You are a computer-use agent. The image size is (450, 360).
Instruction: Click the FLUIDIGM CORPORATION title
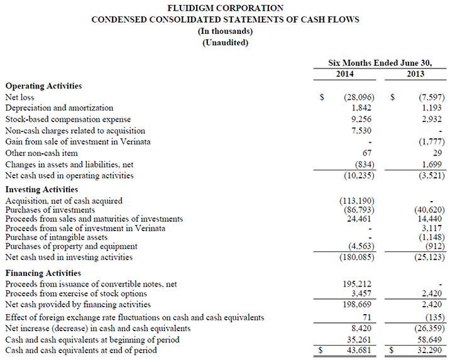click(x=226, y=8)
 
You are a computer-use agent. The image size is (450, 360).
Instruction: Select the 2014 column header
click(x=344, y=74)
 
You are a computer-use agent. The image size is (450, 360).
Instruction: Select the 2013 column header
click(x=415, y=74)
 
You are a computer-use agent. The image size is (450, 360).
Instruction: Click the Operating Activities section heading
click(x=43, y=86)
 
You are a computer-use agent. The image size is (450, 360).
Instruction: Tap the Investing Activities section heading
click(x=41, y=189)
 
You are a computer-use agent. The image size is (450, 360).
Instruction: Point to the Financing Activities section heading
click(x=43, y=273)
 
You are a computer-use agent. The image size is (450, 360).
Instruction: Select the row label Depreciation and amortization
click(x=59, y=108)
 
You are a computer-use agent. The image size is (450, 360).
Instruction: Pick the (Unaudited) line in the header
click(x=226, y=43)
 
